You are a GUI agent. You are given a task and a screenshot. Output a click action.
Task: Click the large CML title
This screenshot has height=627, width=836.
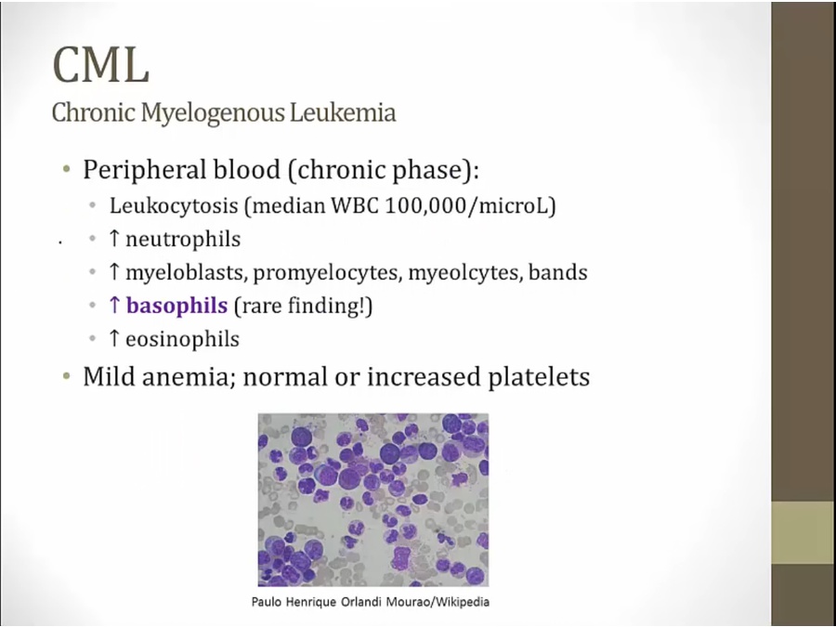coord(100,64)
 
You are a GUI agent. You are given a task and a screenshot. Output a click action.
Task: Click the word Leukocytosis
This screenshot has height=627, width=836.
coord(174,206)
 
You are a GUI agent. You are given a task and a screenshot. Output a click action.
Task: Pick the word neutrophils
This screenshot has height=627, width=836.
coord(183,240)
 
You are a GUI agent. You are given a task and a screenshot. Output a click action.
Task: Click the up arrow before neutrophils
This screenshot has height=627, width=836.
coord(113,239)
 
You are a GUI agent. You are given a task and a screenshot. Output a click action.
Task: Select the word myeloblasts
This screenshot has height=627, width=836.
coord(187,272)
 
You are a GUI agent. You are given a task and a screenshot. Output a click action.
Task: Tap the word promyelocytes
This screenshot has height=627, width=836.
coord(328,273)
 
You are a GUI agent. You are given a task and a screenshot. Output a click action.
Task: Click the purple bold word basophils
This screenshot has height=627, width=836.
coord(177,306)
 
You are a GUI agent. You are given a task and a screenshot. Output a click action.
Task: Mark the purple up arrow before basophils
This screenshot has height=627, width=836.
coord(113,305)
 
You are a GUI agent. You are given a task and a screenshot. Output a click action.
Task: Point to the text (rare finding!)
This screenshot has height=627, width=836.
coord(303,306)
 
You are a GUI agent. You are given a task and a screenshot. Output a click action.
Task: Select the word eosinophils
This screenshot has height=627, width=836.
coord(182,339)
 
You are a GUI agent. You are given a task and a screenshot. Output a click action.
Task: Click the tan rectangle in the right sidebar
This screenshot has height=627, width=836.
coord(803,532)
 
